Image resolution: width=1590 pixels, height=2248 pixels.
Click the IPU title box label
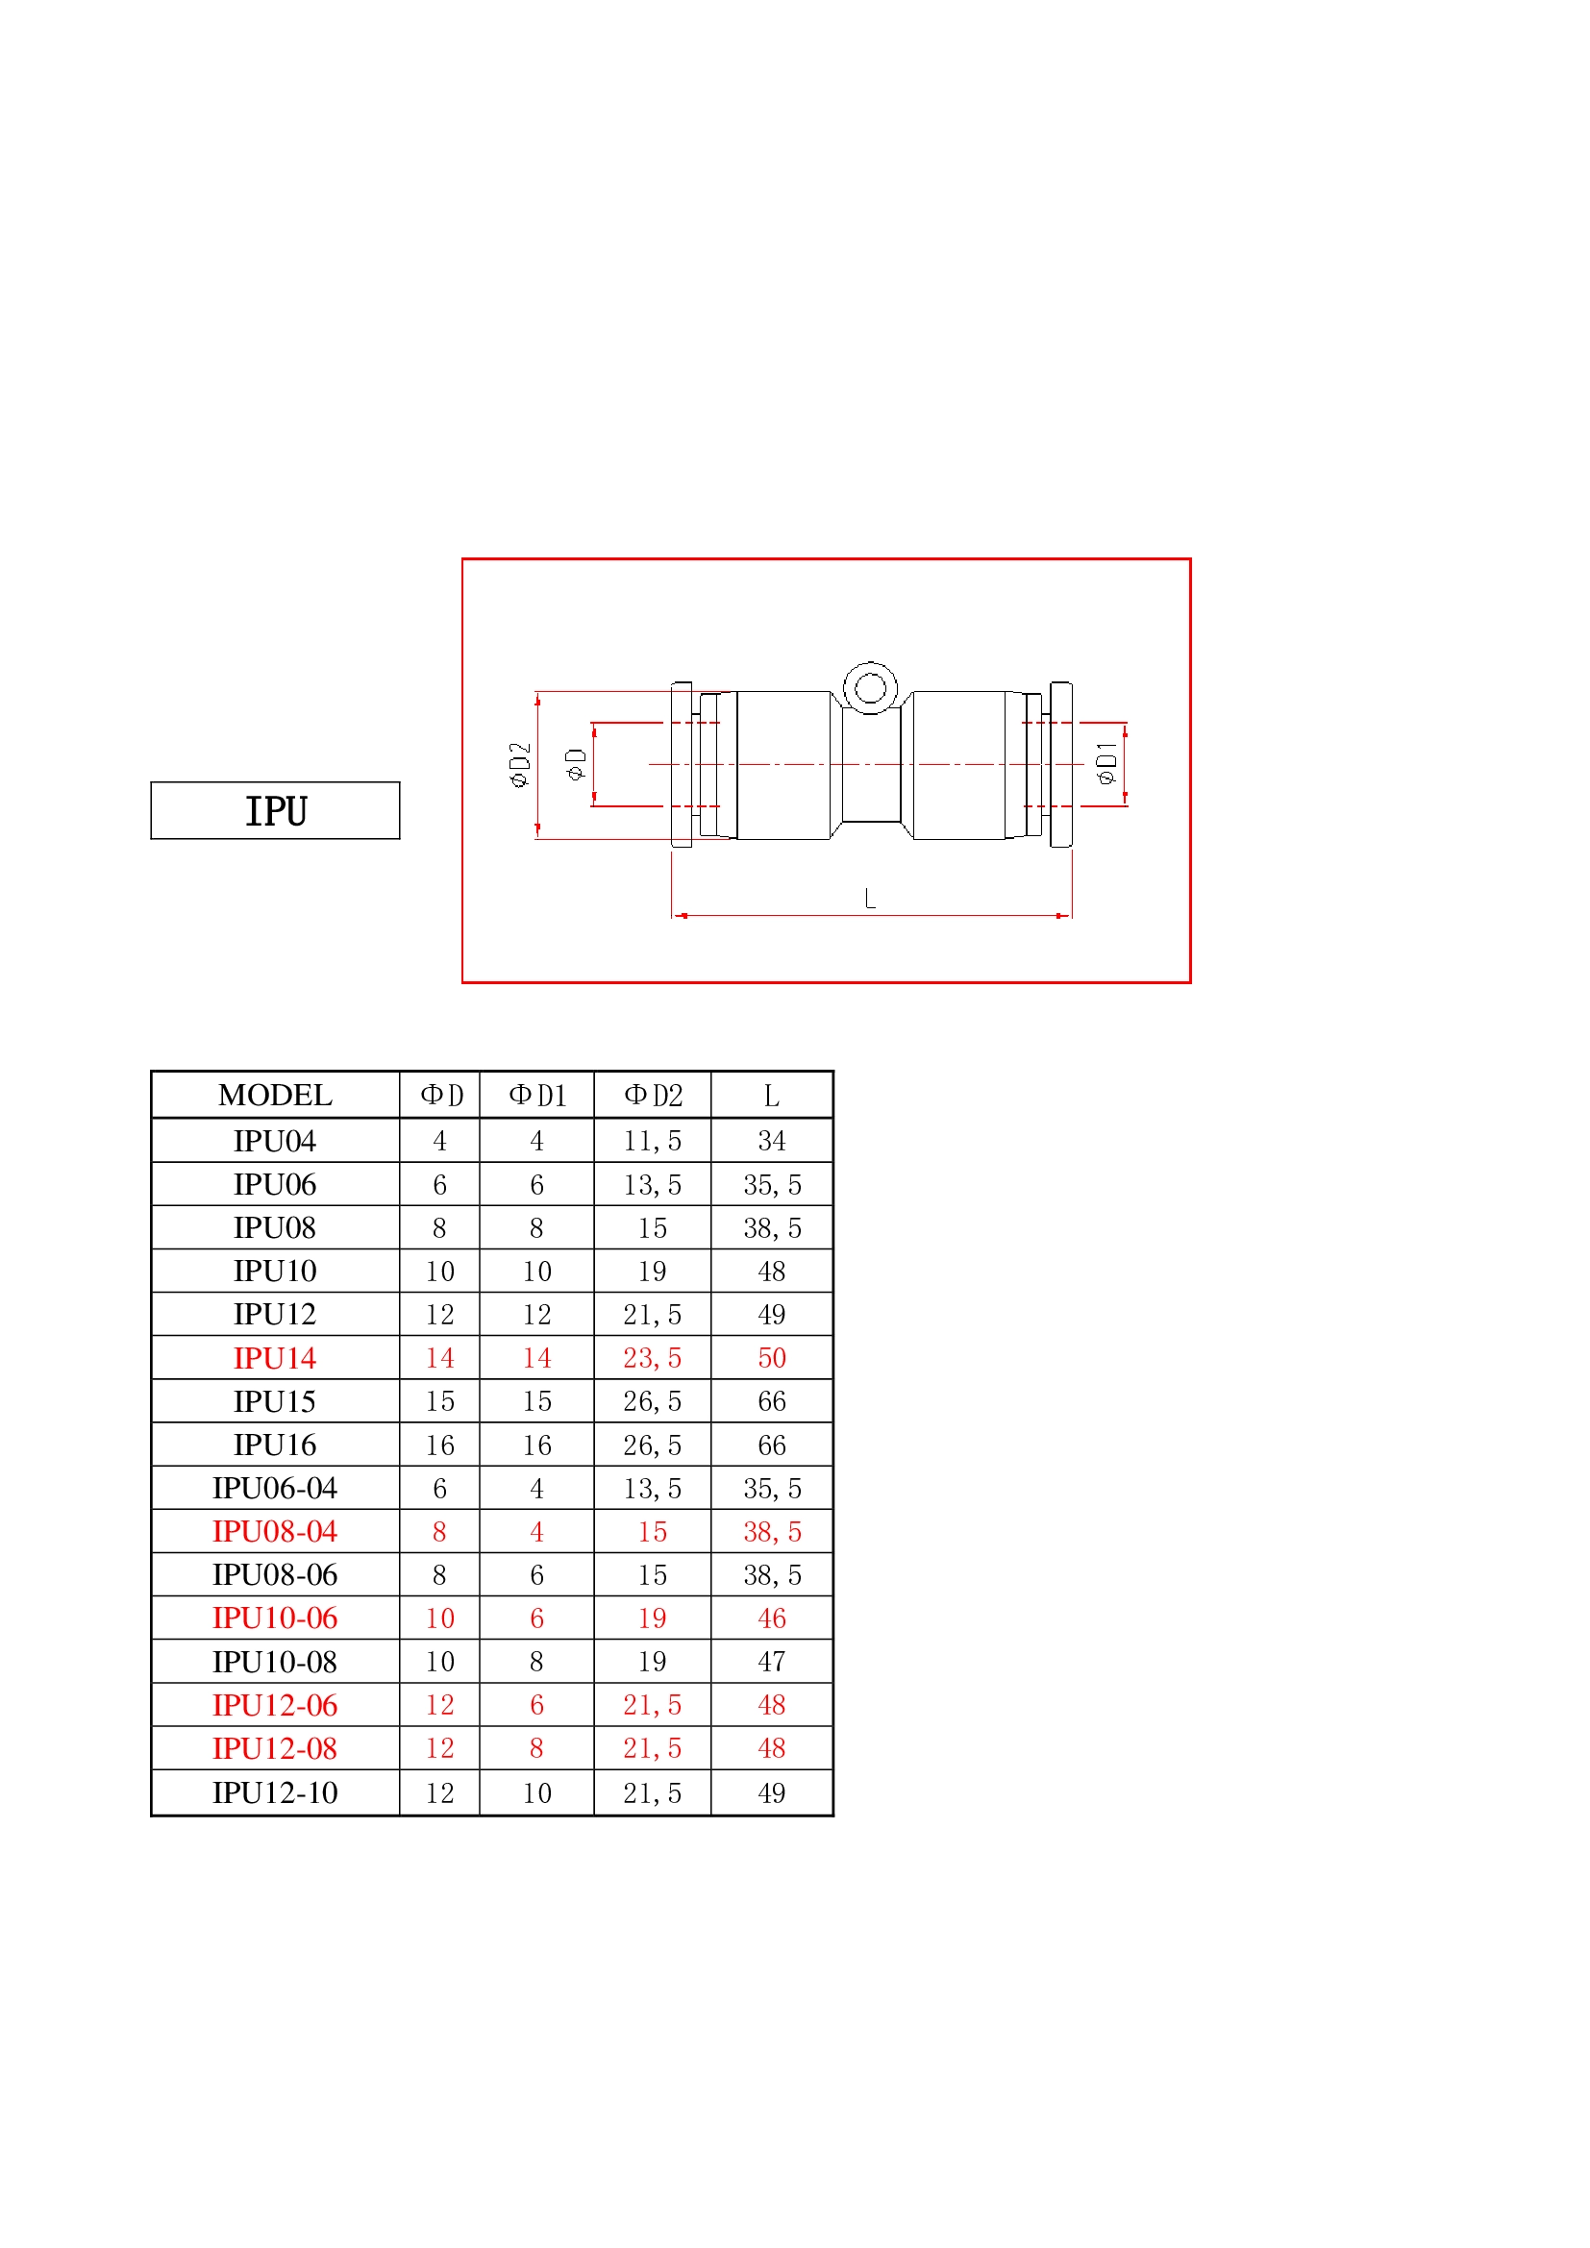point(276,811)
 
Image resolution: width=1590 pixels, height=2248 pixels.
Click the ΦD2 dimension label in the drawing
point(520,764)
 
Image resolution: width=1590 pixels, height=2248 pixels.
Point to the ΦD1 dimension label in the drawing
point(1106,763)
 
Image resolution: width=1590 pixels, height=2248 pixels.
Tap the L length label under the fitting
point(869,898)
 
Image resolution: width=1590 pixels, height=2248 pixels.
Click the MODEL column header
point(275,1095)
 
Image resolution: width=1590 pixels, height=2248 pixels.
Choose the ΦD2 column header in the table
point(653,1095)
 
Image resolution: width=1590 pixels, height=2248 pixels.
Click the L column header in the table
point(772,1096)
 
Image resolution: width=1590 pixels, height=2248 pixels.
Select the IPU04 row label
point(275,1141)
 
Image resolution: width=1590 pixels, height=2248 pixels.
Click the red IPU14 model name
point(275,1358)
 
